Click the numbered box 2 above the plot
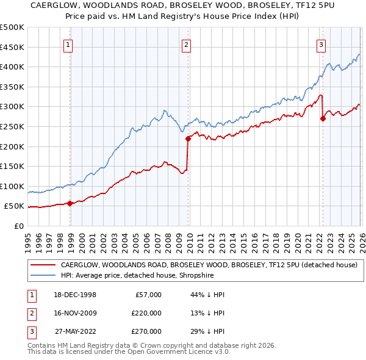(185, 44)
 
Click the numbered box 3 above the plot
(321, 44)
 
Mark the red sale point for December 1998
(70, 203)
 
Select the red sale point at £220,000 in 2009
(188, 139)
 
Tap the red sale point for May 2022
(323, 119)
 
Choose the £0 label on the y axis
(18, 226)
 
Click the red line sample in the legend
(43, 265)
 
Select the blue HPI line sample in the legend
(43, 275)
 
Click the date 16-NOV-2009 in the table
(75, 313)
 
